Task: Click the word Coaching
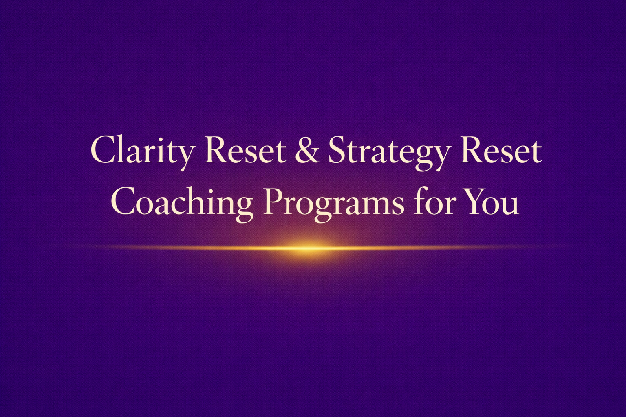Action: pyautogui.click(x=182, y=203)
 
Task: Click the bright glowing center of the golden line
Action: pyautogui.click(x=304, y=247)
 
